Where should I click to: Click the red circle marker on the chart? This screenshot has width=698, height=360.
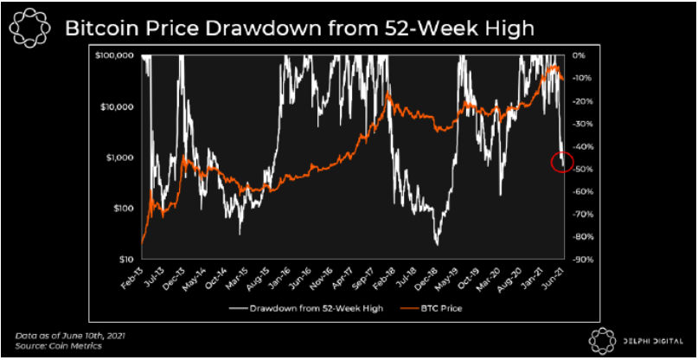click(561, 162)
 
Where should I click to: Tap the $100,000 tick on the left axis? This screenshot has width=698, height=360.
click(113, 56)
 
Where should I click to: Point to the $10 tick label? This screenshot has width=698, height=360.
click(126, 259)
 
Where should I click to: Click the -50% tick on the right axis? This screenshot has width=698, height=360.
click(580, 169)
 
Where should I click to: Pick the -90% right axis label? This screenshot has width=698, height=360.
click(580, 259)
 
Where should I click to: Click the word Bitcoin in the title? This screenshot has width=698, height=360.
click(103, 29)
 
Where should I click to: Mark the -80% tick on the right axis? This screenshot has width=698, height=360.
click(580, 236)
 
